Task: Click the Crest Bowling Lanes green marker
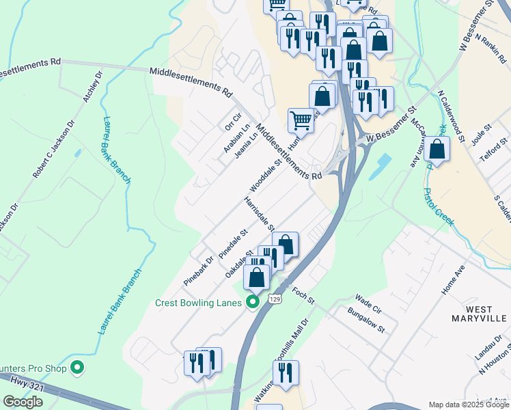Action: (253, 301)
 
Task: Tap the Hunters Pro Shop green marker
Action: (77, 368)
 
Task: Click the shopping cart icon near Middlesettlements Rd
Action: (301, 121)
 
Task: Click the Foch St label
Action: (303, 296)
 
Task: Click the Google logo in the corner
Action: (23, 402)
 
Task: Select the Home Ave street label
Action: (452, 280)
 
